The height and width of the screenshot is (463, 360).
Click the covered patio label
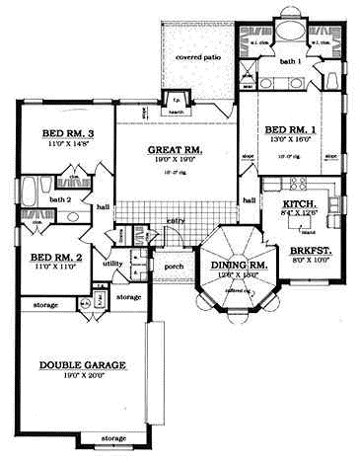197,57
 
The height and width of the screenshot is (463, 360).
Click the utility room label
111,264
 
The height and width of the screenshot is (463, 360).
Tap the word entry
176,220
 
